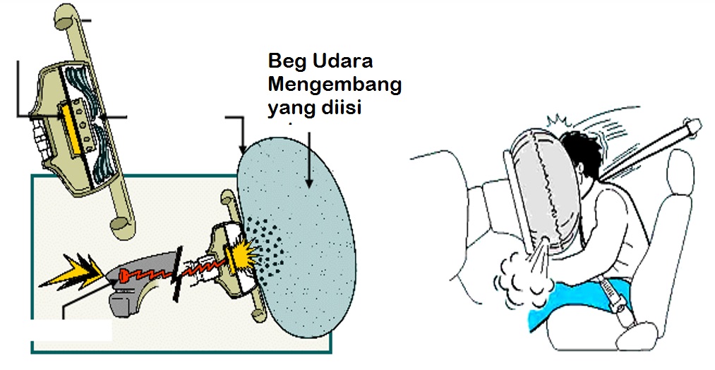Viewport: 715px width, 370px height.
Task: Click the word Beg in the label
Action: (287, 62)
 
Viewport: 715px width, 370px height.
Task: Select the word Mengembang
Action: (335, 86)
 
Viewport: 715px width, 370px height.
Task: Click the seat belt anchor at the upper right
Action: (692, 128)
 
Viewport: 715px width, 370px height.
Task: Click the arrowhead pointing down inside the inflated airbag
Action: (308, 185)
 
